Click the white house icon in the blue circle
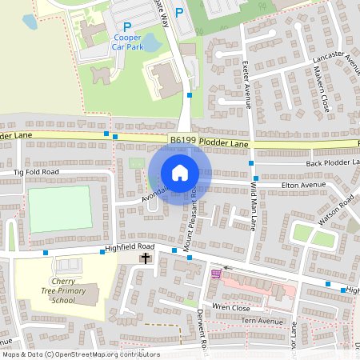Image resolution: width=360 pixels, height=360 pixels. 180,173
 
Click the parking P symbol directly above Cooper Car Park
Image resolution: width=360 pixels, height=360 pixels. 126,26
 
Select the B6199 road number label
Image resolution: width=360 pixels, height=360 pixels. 184,141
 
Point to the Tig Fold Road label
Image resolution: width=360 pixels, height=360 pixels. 36,172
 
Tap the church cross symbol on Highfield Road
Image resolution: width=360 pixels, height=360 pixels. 146,258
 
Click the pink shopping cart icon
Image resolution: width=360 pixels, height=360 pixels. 215,274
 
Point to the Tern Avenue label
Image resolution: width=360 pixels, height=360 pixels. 263,322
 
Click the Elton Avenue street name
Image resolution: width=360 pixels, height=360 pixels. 303,185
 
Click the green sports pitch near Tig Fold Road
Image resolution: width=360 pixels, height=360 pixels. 60,209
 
